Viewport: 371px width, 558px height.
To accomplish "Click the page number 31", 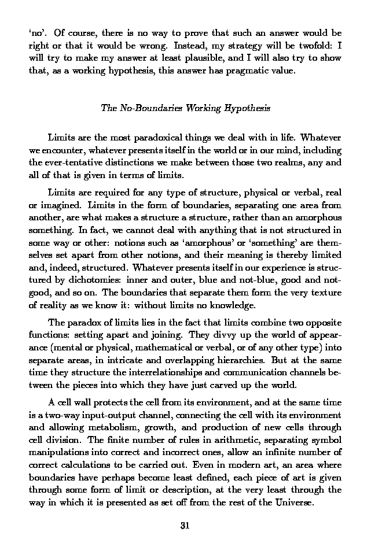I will (185, 526).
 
